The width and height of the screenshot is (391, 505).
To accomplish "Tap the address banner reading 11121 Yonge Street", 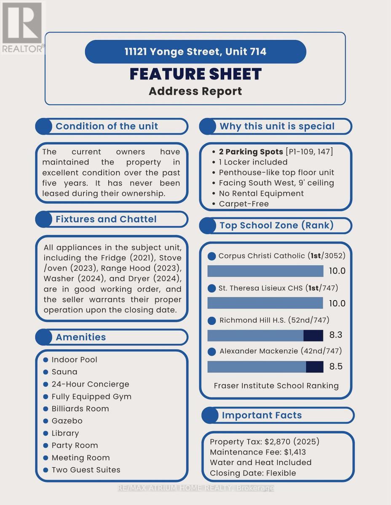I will [195, 52].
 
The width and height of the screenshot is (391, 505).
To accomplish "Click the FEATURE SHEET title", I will [195, 74].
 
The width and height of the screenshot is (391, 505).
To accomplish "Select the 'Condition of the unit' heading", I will [107, 126].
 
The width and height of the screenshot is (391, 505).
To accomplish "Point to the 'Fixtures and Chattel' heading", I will [106, 219].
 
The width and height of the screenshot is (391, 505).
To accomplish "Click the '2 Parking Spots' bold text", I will [251, 151].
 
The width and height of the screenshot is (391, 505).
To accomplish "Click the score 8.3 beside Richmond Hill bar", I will [335, 335].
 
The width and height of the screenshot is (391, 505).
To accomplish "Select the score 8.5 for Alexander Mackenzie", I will [336, 366].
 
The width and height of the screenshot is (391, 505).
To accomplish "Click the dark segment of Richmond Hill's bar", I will [313, 335].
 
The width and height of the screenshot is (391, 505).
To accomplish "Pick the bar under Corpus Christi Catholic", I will [265, 271].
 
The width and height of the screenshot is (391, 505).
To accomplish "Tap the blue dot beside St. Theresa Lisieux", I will [212, 288].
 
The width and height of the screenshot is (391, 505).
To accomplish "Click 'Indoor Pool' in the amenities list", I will [74, 359].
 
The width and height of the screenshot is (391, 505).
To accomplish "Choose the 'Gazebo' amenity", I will [67, 421].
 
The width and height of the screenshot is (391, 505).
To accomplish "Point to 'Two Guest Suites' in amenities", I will [86, 470].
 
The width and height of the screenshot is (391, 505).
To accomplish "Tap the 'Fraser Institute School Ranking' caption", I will [276, 385].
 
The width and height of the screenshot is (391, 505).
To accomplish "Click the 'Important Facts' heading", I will [262, 415].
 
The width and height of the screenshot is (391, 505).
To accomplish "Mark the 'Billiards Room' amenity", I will [80, 409].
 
